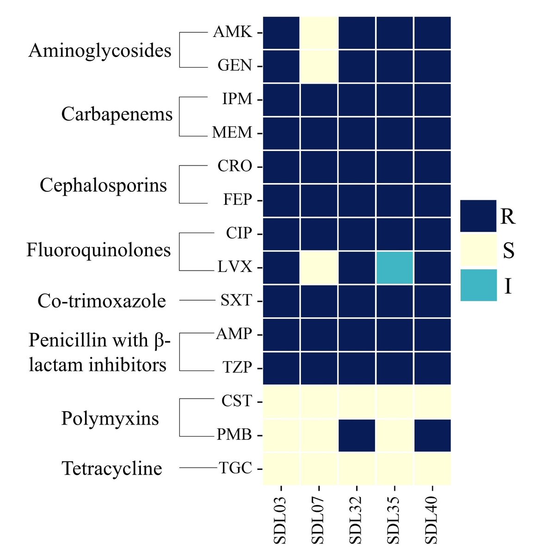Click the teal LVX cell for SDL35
pyautogui.click(x=394, y=268)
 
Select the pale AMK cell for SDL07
pyautogui.click(x=319, y=32)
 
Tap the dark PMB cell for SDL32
pyautogui.click(x=357, y=435)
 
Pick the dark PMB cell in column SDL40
pyautogui.click(x=432, y=435)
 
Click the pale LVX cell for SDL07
pyautogui.click(x=319, y=268)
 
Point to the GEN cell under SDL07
pyautogui.click(x=319, y=66)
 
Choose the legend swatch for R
pyautogui.click(x=478, y=216)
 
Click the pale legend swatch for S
pyautogui.click(x=478, y=251)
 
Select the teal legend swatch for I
pyautogui.click(x=478, y=285)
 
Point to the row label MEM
pyautogui.click(x=232, y=133)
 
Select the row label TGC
pyautogui.click(x=235, y=469)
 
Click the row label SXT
pyautogui.click(x=236, y=301)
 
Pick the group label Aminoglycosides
pyautogui.click(x=100, y=50)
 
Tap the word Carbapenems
pyautogui.click(x=117, y=114)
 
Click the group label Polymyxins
pyautogui.click(x=110, y=419)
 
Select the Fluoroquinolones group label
pyautogui.click(x=98, y=250)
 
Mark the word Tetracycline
pyautogui.click(x=112, y=469)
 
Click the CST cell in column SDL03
pyautogui.click(x=281, y=401)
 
